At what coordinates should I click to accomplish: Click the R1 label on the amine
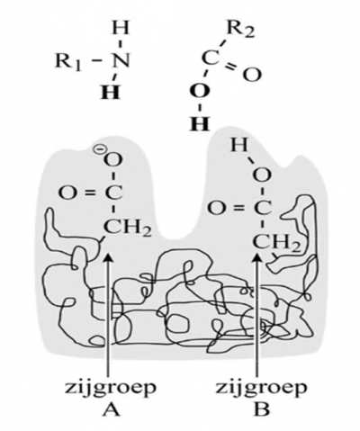point(68,62)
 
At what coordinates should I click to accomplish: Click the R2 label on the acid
point(241,30)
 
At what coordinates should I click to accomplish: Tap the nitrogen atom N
point(121,60)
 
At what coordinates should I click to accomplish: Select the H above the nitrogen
point(121,28)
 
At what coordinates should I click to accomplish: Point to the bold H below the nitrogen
point(111,92)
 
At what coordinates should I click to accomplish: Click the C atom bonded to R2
point(211,58)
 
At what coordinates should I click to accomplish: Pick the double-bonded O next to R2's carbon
point(252,75)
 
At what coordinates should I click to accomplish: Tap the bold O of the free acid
point(200,91)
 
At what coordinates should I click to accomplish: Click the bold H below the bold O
point(200,123)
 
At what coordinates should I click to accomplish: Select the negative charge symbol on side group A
point(98,149)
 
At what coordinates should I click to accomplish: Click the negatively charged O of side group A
point(113,159)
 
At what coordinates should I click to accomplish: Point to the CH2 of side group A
point(127,228)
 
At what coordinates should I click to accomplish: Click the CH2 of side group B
point(276,243)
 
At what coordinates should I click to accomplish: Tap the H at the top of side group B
point(239,145)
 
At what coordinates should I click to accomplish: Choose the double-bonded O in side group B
point(216,208)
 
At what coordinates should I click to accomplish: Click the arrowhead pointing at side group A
point(108,259)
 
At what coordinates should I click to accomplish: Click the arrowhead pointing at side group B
point(256,259)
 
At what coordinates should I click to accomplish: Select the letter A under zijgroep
point(111,409)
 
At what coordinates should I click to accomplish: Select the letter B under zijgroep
point(261,409)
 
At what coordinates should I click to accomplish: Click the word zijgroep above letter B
point(261,389)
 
